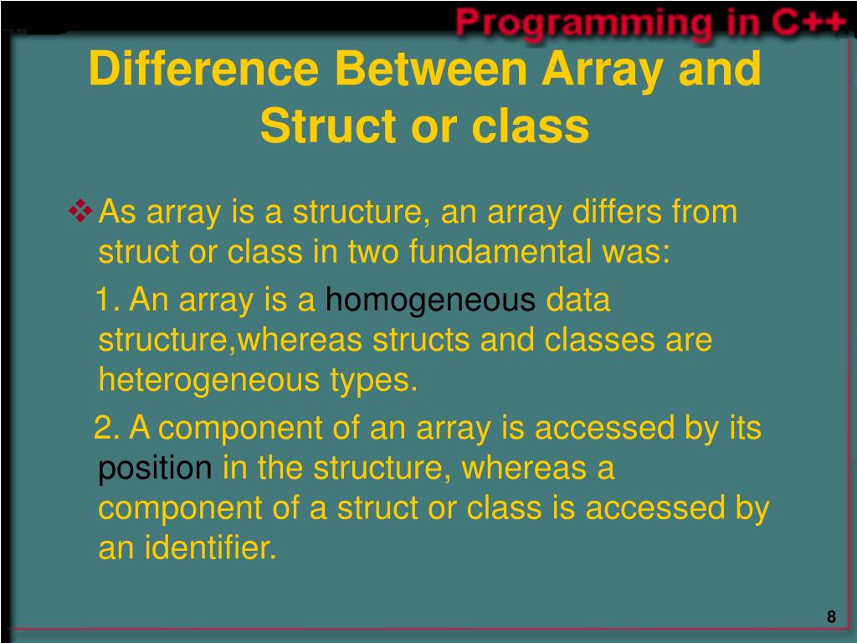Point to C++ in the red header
808,23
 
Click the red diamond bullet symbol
81,212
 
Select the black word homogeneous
430,301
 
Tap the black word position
155,469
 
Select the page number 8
831,617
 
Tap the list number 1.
105,300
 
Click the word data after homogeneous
578,301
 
